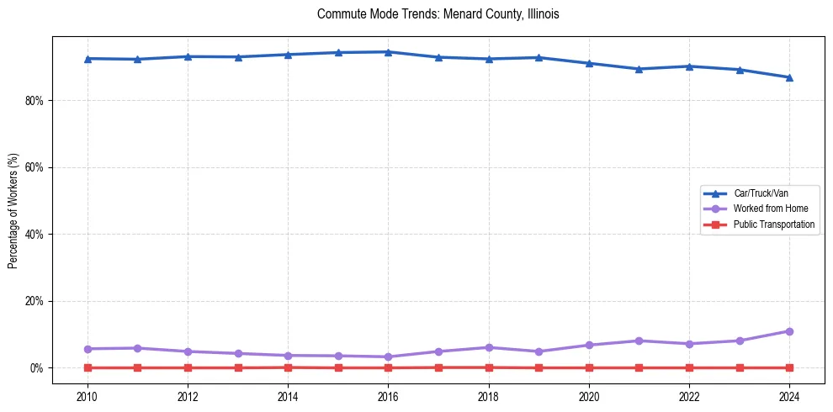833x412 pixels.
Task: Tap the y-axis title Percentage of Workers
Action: (13, 210)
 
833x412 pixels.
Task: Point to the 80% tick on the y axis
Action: (35, 100)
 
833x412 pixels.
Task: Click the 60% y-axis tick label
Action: (35, 167)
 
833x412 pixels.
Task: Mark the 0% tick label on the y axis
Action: (38, 368)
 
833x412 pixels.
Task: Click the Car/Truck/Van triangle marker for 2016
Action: (388, 52)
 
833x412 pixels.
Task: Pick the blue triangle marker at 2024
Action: (789, 77)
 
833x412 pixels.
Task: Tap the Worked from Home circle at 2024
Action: (789, 331)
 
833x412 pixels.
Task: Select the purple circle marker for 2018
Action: (488, 347)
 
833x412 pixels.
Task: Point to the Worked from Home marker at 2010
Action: (87, 349)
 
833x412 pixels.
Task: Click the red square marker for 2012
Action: (188, 367)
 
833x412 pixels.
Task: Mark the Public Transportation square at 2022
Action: (689, 367)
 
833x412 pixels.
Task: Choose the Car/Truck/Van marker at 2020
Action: (589, 63)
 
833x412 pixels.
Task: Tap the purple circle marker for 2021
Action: (639, 341)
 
